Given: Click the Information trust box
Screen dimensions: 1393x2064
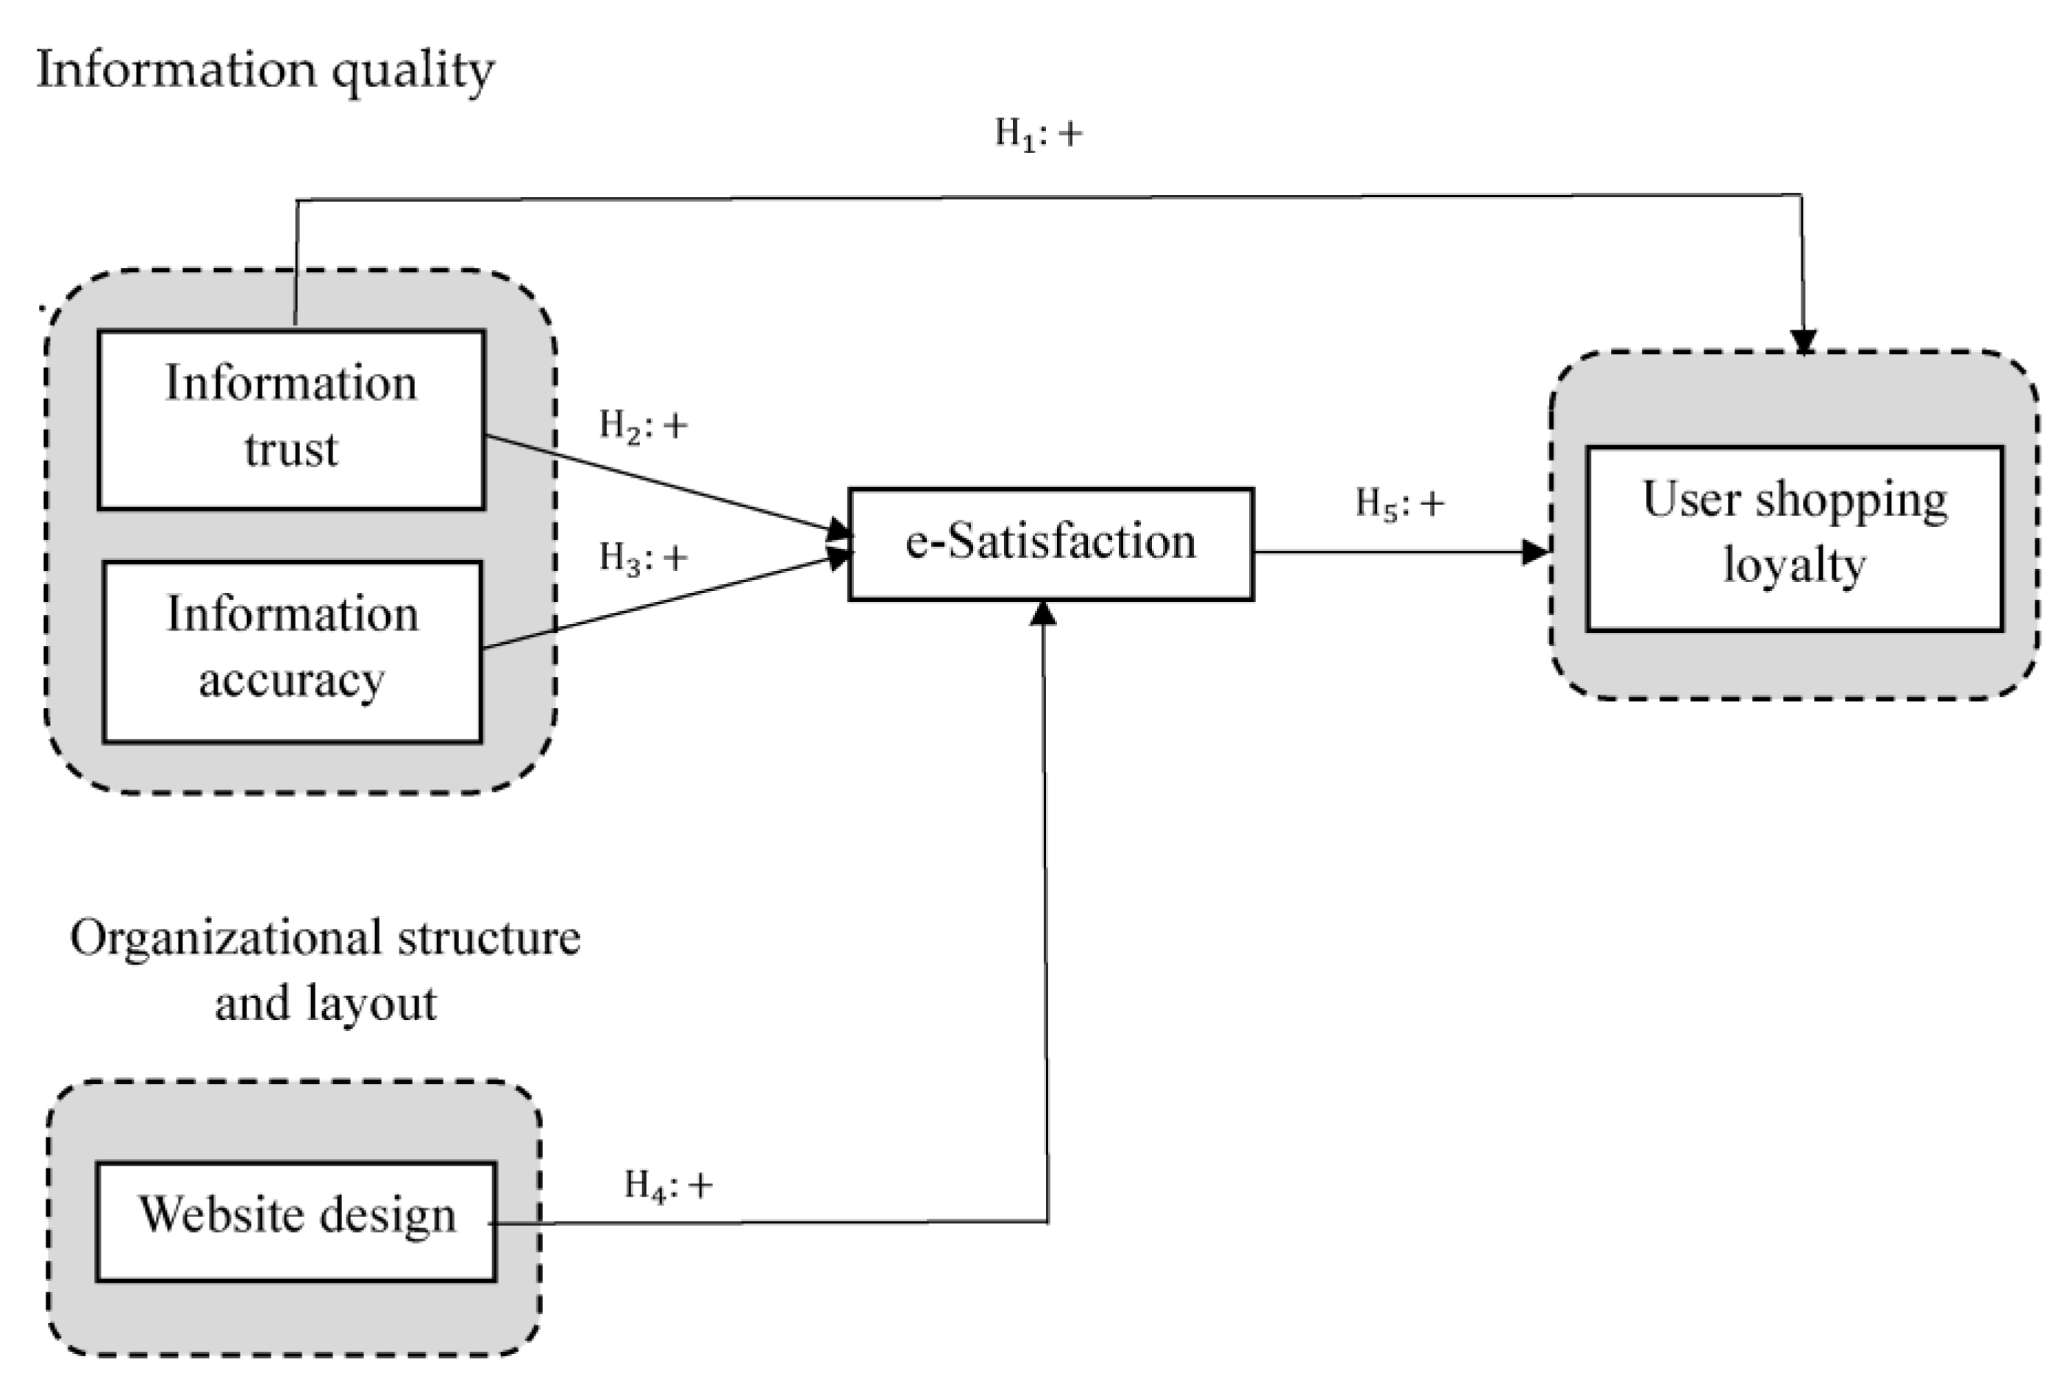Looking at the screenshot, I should pyautogui.click(x=291, y=419).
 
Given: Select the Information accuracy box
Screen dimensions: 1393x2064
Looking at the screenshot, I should pyautogui.click(x=292, y=651).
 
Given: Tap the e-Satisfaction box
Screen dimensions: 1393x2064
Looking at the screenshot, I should pyautogui.click(x=1050, y=544).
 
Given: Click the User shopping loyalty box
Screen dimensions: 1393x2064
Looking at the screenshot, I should pyautogui.click(x=1794, y=539).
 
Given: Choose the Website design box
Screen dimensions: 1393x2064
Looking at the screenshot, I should pyautogui.click(x=296, y=1222).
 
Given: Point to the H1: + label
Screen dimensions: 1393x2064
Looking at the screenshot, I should pyautogui.click(x=1038, y=134).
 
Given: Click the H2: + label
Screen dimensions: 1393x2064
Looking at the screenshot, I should pyautogui.click(x=643, y=425).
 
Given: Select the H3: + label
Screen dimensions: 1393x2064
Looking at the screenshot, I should pyautogui.click(x=643, y=558).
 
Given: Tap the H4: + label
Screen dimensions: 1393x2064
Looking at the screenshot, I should pyautogui.click(x=668, y=1185).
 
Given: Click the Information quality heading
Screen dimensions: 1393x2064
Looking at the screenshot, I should pyautogui.click(x=265, y=69).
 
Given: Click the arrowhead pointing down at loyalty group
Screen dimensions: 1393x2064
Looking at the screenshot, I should pyautogui.click(x=1803, y=343).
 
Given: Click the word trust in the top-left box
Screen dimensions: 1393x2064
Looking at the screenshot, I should pyautogui.click(x=291, y=450).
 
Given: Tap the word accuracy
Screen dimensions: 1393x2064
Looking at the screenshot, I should pyautogui.click(x=291, y=681).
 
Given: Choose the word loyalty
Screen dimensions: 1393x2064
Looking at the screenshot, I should pyautogui.click(x=1794, y=566).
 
